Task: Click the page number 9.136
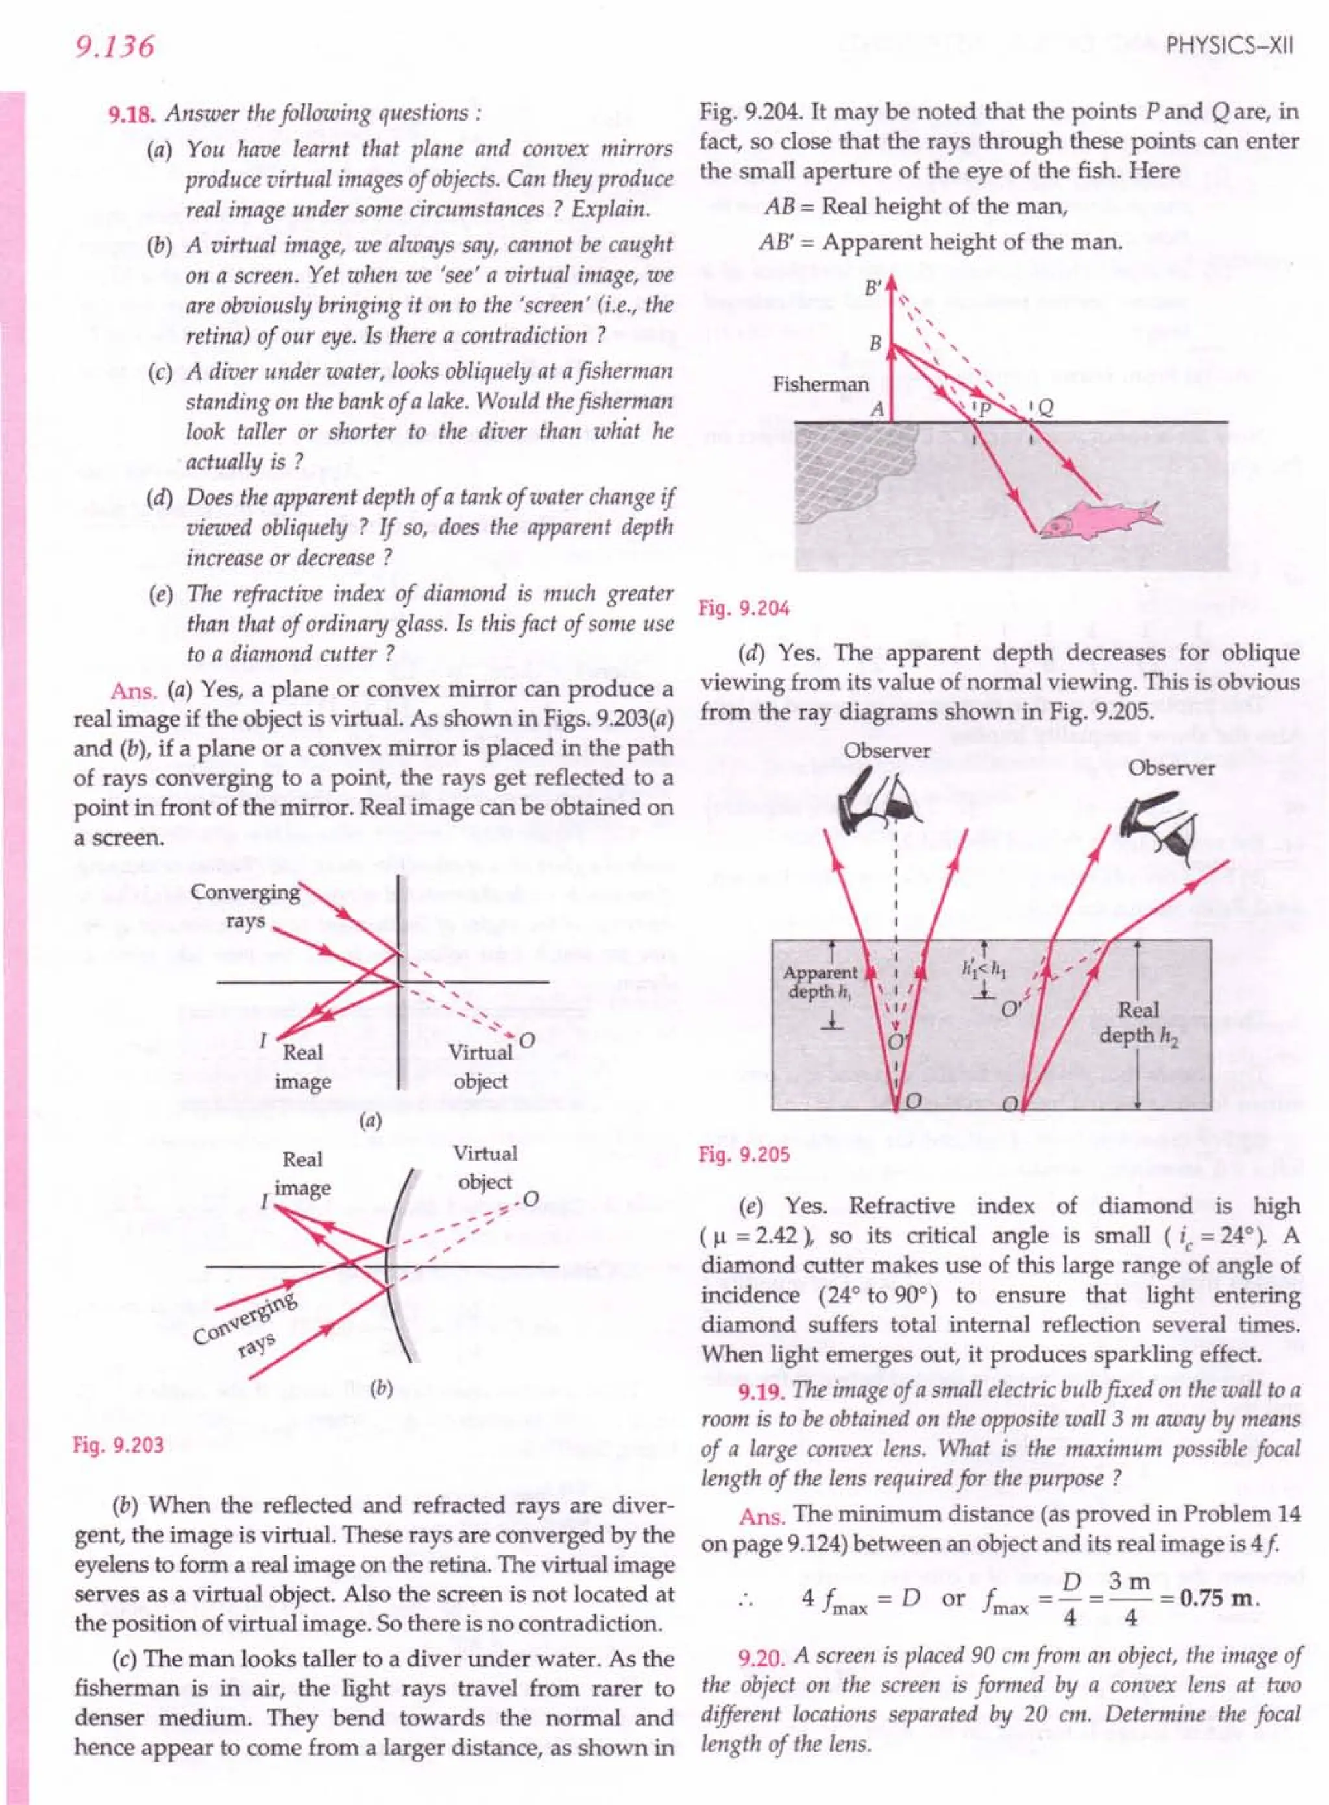click(114, 47)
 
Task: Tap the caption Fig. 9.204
click(744, 608)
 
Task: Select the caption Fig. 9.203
click(118, 1446)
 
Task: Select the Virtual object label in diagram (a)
click(480, 1067)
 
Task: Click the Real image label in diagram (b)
click(302, 1174)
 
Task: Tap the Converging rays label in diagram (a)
click(245, 906)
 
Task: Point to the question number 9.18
click(131, 114)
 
